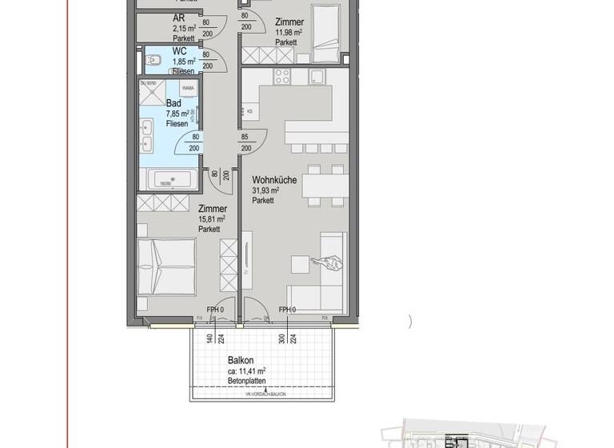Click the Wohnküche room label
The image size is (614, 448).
[x=274, y=180]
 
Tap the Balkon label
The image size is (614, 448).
[x=241, y=360]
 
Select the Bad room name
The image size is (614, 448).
[x=173, y=103]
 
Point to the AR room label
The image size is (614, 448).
[x=179, y=18]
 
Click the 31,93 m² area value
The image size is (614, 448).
[x=265, y=190]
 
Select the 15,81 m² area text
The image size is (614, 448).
[x=211, y=219]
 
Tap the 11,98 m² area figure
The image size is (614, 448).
[x=289, y=33]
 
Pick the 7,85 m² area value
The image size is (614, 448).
[x=177, y=114]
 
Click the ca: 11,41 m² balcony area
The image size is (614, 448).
[x=246, y=371]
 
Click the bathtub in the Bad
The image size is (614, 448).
[x=168, y=178]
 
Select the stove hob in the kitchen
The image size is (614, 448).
[x=282, y=77]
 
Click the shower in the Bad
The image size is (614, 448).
[x=150, y=94]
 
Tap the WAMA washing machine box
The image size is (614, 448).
[x=189, y=89]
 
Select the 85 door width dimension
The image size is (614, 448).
[x=245, y=137]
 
